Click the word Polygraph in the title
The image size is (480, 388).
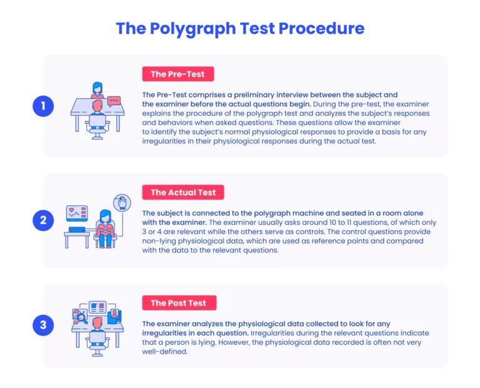pos(193,29)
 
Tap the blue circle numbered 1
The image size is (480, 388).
pos(43,106)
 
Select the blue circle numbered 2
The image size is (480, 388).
pos(43,220)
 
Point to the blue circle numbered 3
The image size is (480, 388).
pos(43,325)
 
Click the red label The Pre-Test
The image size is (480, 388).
pos(178,74)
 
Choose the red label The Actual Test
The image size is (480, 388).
pos(183,192)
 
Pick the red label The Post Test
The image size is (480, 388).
pos(179,303)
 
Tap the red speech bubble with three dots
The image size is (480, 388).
pos(114,101)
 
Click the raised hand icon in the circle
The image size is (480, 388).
pos(122,203)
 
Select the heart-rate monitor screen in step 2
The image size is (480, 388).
pos(77,213)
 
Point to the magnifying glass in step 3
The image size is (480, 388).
pos(82,317)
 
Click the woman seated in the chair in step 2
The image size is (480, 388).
pos(105,228)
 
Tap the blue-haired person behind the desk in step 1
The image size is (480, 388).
pos(97,89)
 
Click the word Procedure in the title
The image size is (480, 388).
pos(321,29)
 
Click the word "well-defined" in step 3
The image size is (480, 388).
pos(165,352)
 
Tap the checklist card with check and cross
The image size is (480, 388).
pos(97,307)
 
